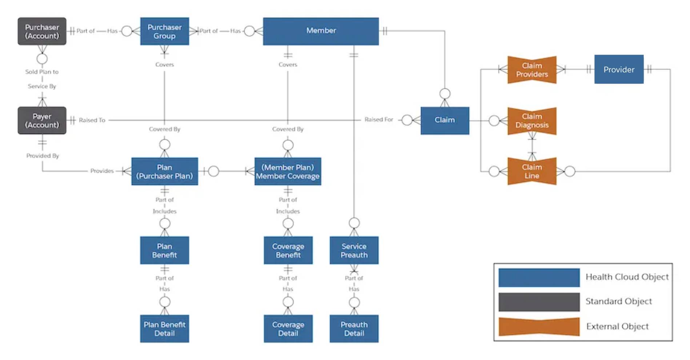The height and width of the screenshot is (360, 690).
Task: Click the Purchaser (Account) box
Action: tap(42, 31)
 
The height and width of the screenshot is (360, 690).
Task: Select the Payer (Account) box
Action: tap(42, 120)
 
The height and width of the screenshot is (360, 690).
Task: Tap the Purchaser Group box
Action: tap(164, 31)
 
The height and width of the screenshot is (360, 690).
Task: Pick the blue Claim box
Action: tap(445, 120)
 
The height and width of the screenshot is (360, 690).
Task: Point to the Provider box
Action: tap(619, 69)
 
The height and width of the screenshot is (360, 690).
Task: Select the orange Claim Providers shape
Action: tap(532, 70)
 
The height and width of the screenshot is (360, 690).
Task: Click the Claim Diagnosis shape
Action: tap(532, 121)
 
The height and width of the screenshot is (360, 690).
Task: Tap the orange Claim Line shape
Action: tap(532, 171)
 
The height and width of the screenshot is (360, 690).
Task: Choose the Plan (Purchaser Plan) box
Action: tap(164, 172)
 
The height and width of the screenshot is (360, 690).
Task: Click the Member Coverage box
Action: tap(288, 172)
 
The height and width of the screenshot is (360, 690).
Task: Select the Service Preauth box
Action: tap(354, 251)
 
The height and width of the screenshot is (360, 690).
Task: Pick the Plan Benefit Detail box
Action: tap(164, 329)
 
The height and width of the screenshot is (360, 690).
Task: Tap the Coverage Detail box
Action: tap(288, 329)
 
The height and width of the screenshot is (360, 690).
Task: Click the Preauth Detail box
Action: tap(354, 329)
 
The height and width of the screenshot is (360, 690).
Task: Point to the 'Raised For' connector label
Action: tap(378, 120)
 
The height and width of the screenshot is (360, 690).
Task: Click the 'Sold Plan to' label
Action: tap(42, 72)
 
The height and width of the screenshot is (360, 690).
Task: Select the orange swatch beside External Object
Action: tap(539, 327)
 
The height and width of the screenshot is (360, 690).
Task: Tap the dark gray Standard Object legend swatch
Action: tap(539, 302)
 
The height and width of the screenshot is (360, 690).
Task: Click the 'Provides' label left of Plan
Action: tap(102, 171)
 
